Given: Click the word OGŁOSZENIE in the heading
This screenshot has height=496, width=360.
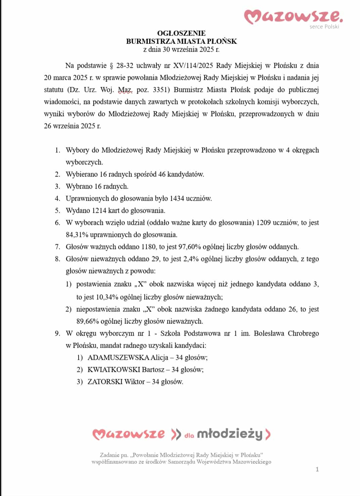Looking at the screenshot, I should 181,33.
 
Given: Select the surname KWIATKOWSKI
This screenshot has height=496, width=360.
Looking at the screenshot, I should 114,369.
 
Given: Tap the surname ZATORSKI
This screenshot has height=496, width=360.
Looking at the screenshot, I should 105,382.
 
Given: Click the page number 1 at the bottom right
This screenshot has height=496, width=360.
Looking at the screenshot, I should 317,469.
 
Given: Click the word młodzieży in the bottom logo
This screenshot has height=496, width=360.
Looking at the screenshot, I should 230,434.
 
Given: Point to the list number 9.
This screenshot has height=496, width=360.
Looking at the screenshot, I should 57,333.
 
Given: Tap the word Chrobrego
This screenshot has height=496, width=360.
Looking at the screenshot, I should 302,333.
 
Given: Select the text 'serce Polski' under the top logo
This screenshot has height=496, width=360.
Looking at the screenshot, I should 324,27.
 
